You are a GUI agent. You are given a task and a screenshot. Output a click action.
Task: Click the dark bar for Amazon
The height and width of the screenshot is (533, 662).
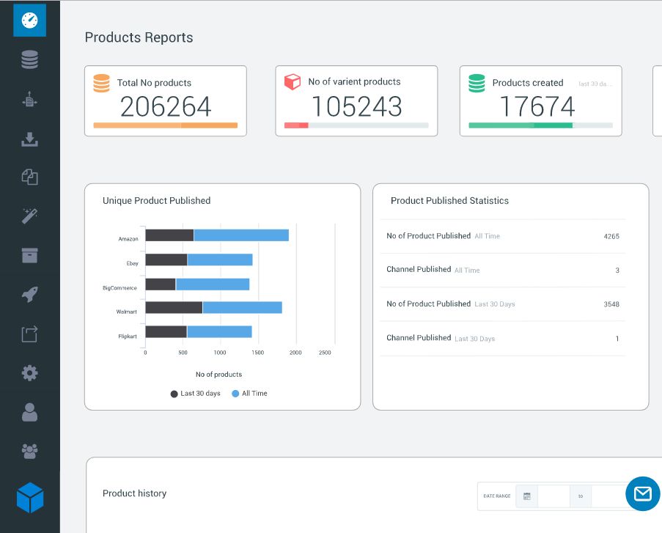click(x=169, y=235)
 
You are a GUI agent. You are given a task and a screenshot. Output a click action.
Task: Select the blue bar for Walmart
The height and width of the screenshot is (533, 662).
click(x=243, y=307)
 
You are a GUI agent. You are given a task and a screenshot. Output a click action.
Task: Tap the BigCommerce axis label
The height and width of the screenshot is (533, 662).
click(x=119, y=288)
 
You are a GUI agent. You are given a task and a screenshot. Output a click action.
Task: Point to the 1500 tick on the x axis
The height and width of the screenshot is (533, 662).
click(x=257, y=353)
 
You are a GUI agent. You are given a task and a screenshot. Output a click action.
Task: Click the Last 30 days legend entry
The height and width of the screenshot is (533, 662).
click(x=196, y=394)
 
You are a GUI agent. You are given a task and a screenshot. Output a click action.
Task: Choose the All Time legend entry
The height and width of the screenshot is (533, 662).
click(x=249, y=394)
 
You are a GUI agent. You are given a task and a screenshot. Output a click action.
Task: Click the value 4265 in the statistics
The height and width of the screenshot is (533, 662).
click(x=611, y=237)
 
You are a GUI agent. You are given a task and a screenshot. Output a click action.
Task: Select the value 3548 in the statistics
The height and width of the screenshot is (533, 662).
click(x=611, y=304)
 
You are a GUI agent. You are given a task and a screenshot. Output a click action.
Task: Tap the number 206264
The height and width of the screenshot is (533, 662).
click(x=166, y=106)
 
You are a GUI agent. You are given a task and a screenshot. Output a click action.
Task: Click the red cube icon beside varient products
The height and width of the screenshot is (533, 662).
click(x=293, y=81)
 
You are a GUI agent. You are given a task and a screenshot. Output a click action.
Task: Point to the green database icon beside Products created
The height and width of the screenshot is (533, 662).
click(x=477, y=83)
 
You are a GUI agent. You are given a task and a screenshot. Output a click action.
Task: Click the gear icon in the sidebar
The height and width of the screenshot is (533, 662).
click(x=29, y=373)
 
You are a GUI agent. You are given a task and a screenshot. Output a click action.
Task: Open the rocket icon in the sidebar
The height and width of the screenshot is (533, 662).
click(x=29, y=295)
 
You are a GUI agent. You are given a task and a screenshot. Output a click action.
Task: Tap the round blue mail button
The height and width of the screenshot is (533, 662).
click(x=643, y=493)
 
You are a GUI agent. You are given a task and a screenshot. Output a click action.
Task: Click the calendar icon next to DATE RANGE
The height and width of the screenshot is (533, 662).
click(x=527, y=496)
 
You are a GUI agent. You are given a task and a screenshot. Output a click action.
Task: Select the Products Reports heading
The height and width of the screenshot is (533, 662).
click(x=139, y=37)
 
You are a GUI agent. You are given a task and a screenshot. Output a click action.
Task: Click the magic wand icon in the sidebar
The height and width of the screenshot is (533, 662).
click(x=29, y=216)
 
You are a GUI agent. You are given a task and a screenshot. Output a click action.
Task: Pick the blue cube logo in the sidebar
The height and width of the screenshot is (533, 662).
click(x=30, y=498)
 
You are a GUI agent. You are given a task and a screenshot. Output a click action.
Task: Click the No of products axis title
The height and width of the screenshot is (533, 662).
click(x=218, y=375)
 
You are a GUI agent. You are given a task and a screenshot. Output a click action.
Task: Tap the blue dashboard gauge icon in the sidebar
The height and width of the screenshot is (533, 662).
click(x=29, y=21)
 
